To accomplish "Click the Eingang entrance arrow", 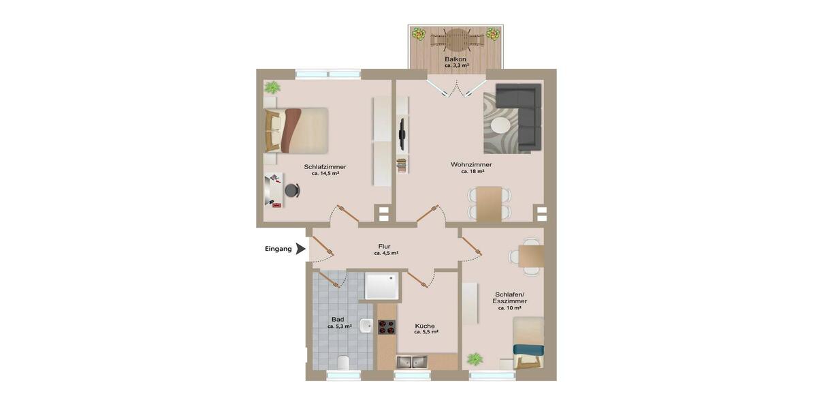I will pyautogui.click(x=300, y=249).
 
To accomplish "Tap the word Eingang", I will pyautogui.click(x=278, y=249).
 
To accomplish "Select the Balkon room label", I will pyautogui.click(x=455, y=59).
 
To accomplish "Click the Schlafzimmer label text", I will pyautogui.click(x=325, y=166).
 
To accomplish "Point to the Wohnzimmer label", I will pyautogui.click(x=471, y=164).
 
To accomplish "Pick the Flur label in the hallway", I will pyautogui.click(x=385, y=246).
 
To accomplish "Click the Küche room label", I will pyautogui.click(x=426, y=326).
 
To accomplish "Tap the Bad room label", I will pyautogui.click(x=338, y=319).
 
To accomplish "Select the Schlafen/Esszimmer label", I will pyautogui.click(x=511, y=297).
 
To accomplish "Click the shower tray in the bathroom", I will pyautogui.click(x=382, y=286).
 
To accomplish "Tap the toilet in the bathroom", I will pyautogui.click(x=343, y=361).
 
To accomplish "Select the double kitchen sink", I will pyautogui.click(x=412, y=361).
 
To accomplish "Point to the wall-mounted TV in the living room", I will pyautogui.click(x=402, y=134).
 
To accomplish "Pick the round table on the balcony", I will pyautogui.click(x=455, y=39).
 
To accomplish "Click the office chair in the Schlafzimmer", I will pyautogui.click(x=293, y=191).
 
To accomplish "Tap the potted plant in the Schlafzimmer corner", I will pyautogui.click(x=272, y=87).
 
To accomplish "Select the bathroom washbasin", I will pyautogui.click(x=366, y=327).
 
